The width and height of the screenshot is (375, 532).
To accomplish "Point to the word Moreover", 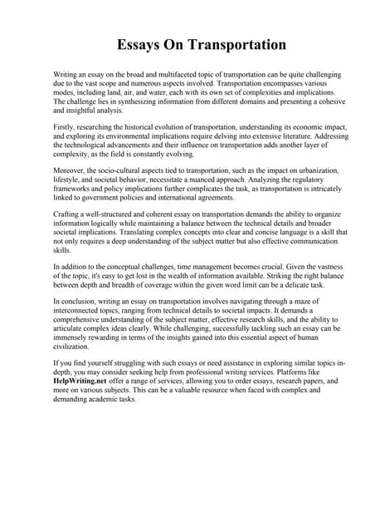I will (x=71, y=170).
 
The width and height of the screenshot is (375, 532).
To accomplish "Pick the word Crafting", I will (x=69, y=214).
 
